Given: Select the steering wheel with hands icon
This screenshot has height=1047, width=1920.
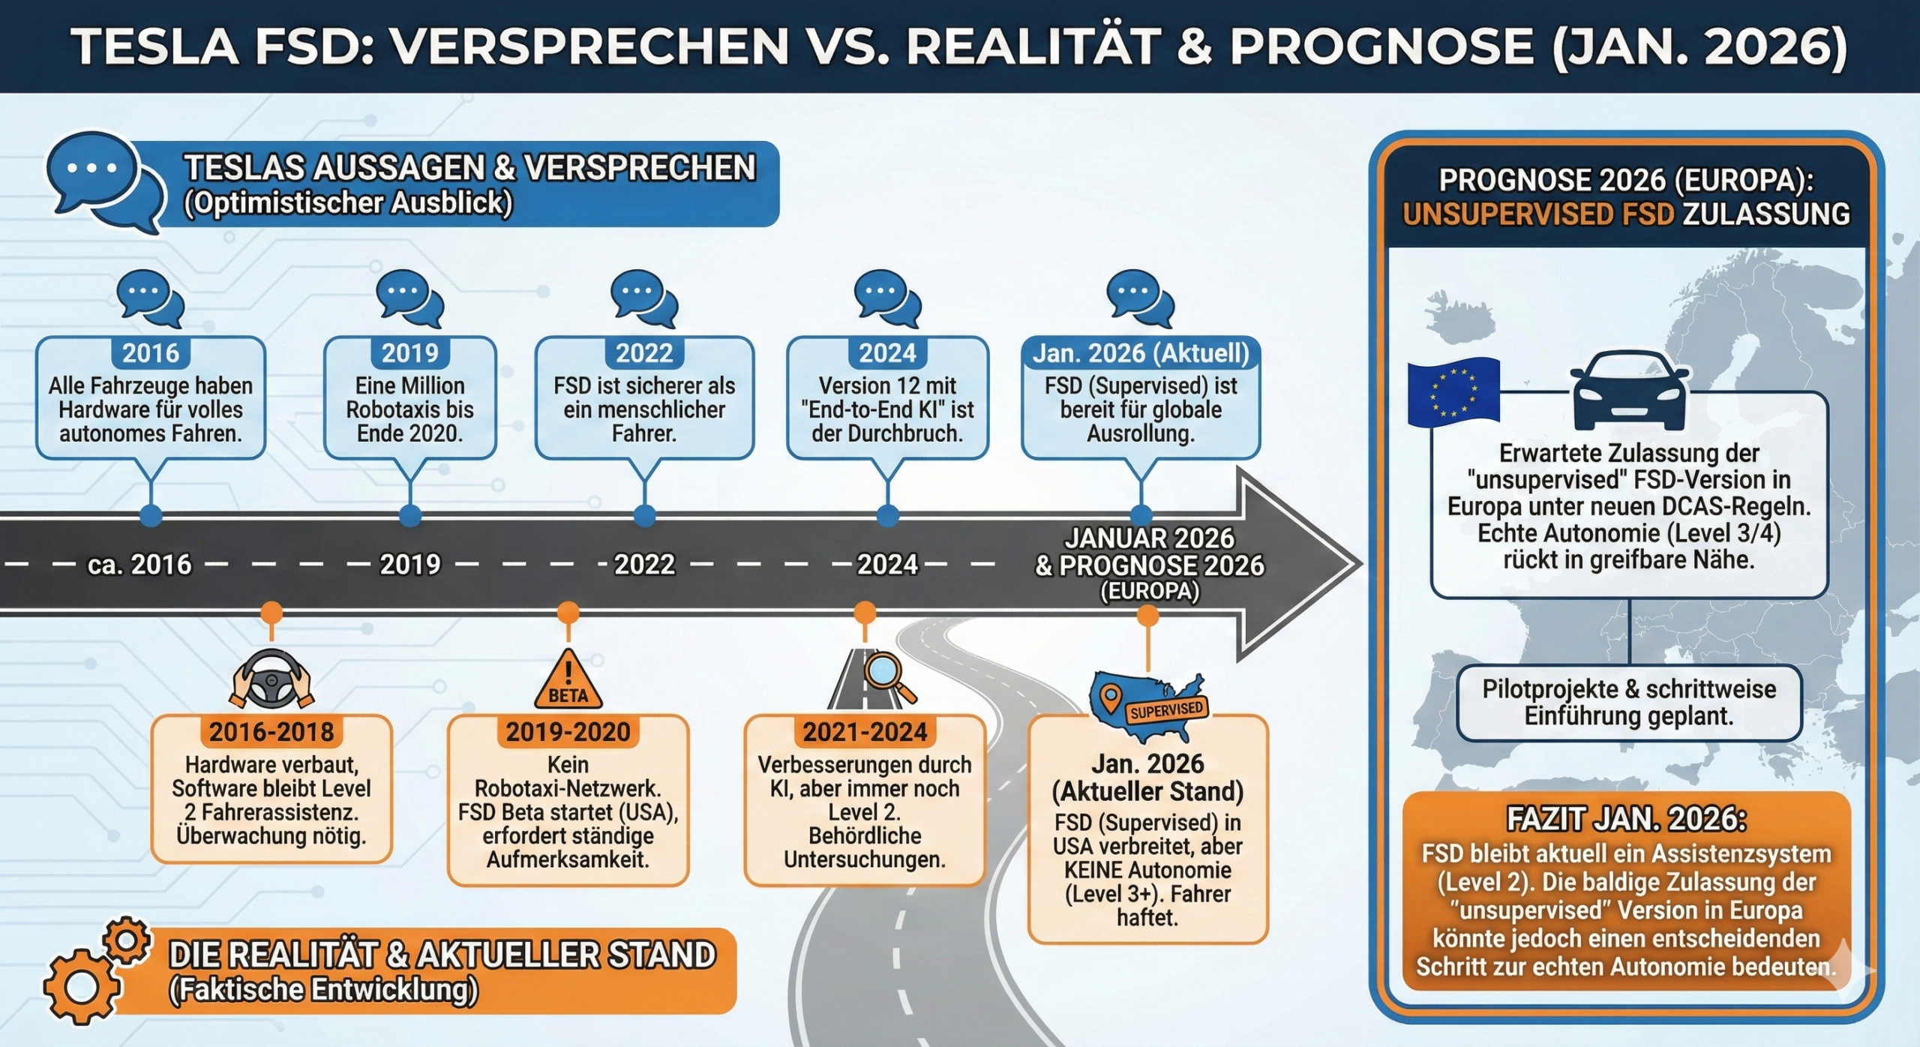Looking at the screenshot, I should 271,679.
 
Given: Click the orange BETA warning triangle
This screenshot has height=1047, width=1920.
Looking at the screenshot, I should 568,682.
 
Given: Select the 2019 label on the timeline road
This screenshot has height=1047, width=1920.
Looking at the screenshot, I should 409,564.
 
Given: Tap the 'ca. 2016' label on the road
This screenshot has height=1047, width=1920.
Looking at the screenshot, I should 139,564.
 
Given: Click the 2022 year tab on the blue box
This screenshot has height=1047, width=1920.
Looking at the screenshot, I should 644,353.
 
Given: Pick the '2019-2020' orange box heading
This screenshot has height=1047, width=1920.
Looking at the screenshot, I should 568,732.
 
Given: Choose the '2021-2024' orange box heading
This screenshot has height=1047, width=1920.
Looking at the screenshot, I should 865,732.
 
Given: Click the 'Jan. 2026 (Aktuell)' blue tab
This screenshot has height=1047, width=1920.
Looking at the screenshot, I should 1141,353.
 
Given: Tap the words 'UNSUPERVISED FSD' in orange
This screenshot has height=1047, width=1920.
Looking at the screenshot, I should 1537,214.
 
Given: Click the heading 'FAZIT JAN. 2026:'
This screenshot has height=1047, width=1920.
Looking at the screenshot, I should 1626,818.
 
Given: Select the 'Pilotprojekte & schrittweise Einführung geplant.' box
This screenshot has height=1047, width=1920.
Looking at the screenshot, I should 1629,702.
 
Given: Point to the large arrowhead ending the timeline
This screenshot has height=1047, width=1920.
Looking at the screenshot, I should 1301,564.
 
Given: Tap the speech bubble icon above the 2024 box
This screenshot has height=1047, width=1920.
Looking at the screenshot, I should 887,298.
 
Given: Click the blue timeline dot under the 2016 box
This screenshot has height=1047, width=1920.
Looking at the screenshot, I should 151,515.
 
